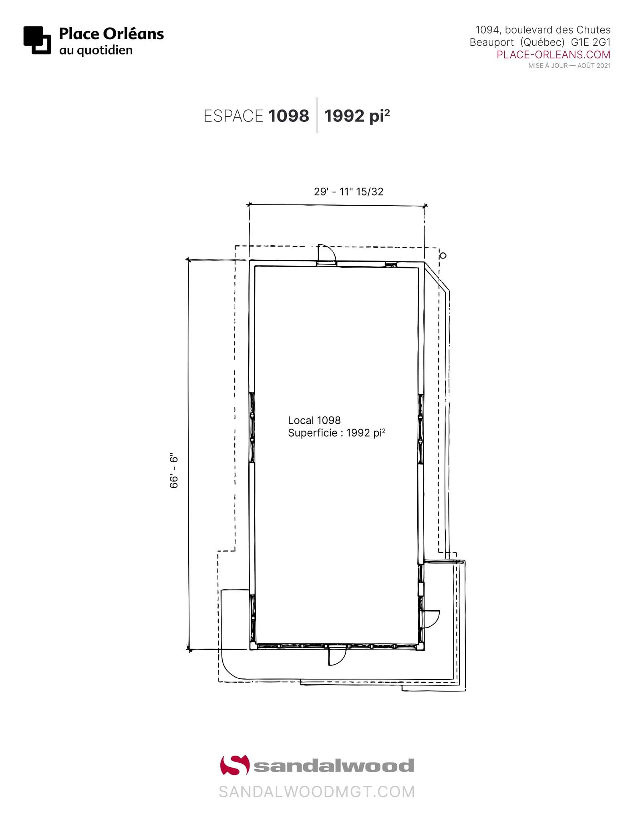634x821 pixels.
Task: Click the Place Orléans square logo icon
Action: click(x=37, y=40)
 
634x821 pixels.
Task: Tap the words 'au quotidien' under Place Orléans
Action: click(x=96, y=51)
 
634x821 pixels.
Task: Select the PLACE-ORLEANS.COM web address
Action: click(x=553, y=55)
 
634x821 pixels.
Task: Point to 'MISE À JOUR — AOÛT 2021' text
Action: click(x=569, y=66)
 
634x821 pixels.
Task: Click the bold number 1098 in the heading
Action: click(x=288, y=116)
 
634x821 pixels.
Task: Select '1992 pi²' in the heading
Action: click(x=357, y=116)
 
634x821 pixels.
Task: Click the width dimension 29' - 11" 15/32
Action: click(x=348, y=192)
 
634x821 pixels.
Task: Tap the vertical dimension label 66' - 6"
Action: click(x=174, y=471)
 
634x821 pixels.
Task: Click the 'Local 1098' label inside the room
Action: click(x=314, y=420)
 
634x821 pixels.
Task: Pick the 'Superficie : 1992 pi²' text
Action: click(x=336, y=433)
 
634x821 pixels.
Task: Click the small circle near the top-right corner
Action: click(x=443, y=255)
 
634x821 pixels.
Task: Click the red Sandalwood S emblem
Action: click(x=234, y=765)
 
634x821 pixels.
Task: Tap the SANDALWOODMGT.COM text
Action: click(x=316, y=792)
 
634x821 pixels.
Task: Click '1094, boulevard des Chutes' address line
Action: click(x=543, y=30)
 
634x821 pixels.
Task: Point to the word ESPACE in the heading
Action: click(x=233, y=116)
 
